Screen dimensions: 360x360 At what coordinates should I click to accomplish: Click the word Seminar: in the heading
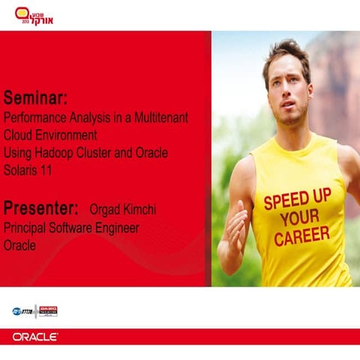[36, 98]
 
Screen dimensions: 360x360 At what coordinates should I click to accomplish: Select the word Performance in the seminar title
[33, 118]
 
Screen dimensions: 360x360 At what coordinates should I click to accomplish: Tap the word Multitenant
[161, 118]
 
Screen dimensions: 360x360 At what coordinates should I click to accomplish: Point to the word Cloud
[20, 136]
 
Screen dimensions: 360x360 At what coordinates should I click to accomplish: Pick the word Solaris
[22, 171]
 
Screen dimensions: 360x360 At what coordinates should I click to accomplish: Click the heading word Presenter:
[41, 207]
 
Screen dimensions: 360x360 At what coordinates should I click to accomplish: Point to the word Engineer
[115, 227]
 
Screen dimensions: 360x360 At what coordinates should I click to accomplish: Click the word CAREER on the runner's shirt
[301, 236]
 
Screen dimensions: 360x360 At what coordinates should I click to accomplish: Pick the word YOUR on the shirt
[298, 218]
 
